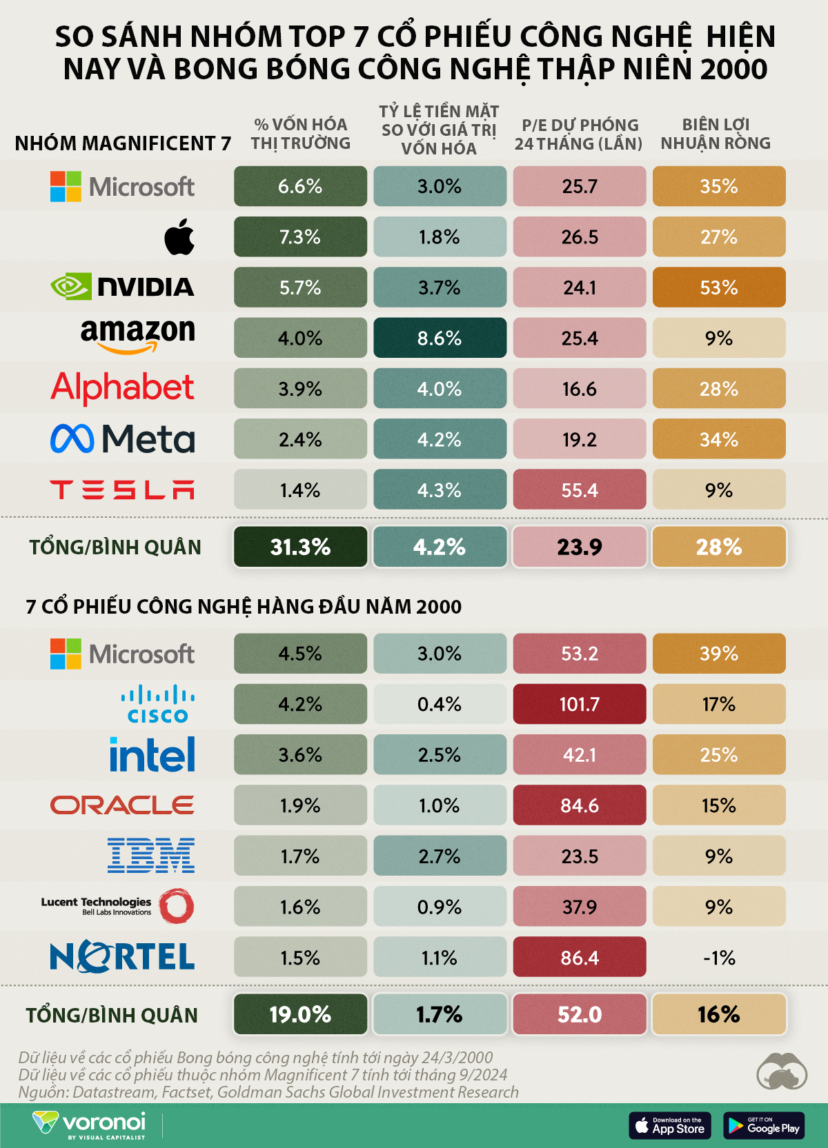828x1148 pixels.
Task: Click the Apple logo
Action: pos(179,237)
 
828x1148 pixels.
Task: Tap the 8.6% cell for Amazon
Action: pos(440,338)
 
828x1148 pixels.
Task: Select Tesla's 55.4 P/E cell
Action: pos(579,490)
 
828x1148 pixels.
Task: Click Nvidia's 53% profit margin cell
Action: pos(718,288)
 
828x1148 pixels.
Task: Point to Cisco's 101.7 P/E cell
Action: pos(579,704)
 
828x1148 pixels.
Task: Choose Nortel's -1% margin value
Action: pos(718,958)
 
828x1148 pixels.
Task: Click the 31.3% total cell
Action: pos(300,547)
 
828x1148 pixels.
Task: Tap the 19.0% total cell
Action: pos(300,1014)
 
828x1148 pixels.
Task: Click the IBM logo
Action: pos(151,856)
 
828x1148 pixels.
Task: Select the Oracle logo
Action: pos(122,805)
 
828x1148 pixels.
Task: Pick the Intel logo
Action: pos(152,754)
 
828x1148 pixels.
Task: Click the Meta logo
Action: pos(123,439)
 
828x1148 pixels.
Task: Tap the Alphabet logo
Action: pos(122,388)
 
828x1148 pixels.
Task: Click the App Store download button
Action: pos(669,1125)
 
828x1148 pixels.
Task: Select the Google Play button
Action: pos(764,1125)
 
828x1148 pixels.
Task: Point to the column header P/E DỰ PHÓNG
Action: pos(579,134)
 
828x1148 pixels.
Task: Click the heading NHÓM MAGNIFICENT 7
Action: pos(123,143)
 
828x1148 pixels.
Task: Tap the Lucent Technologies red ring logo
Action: pos(176,906)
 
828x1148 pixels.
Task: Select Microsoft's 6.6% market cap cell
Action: pos(300,186)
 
